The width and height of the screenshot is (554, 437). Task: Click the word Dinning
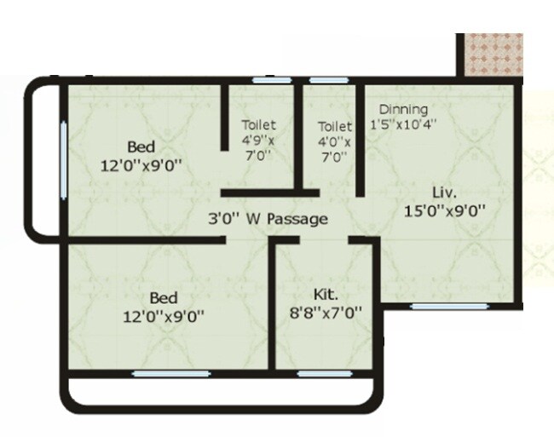tap(403, 110)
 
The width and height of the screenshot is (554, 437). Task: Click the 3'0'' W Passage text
tap(268, 219)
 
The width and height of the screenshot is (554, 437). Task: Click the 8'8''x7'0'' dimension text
tap(326, 313)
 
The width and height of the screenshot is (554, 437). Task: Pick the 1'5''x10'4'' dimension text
tap(403, 124)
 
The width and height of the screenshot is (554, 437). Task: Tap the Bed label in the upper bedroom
tap(141, 144)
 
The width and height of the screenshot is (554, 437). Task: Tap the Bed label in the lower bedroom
tap(164, 298)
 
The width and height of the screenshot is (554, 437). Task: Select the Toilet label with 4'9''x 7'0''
tap(258, 124)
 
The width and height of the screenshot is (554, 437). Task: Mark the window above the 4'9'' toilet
tap(269, 81)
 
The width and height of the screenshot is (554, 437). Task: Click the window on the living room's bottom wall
tap(432, 304)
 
